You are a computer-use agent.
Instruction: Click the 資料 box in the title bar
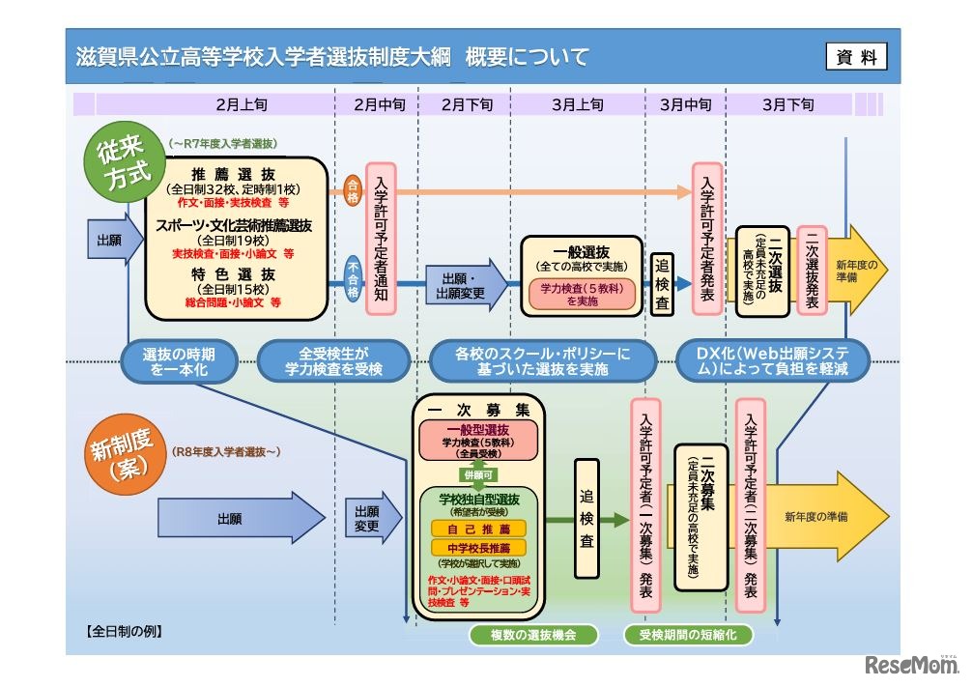pyautogui.click(x=856, y=57)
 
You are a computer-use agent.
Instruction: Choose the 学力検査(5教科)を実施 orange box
pyautogui.click(x=583, y=294)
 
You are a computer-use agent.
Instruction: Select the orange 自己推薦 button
pyautogui.click(x=479, y=529)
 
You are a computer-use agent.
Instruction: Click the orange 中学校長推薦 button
pyautogui.click(x=479, y=548)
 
